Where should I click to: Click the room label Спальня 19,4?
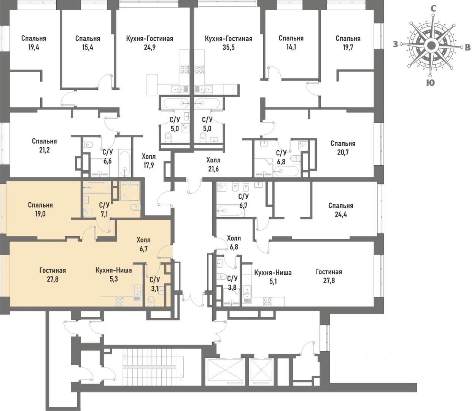click(33, 43)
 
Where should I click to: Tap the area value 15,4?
click(87, 48)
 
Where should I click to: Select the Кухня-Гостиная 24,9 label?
click(150, 43)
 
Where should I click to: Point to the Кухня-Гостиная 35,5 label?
click(228, 43)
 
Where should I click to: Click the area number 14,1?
click(291, 48)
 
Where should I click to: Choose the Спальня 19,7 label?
click(348, 43)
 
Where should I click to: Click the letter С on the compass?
click(433, 8)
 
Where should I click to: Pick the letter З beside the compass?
click(396, 45)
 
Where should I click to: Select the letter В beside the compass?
click(468, 47)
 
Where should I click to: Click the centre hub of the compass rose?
click(431, 46)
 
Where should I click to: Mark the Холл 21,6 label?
click(213, 164)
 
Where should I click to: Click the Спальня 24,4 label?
click(340, 210)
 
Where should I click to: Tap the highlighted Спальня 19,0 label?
click(40, 209)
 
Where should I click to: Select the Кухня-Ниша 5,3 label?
click(114, 275)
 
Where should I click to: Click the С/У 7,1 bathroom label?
click(104, 209)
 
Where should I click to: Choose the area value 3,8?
click(232, 288)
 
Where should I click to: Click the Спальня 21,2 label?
click(44, 145)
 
